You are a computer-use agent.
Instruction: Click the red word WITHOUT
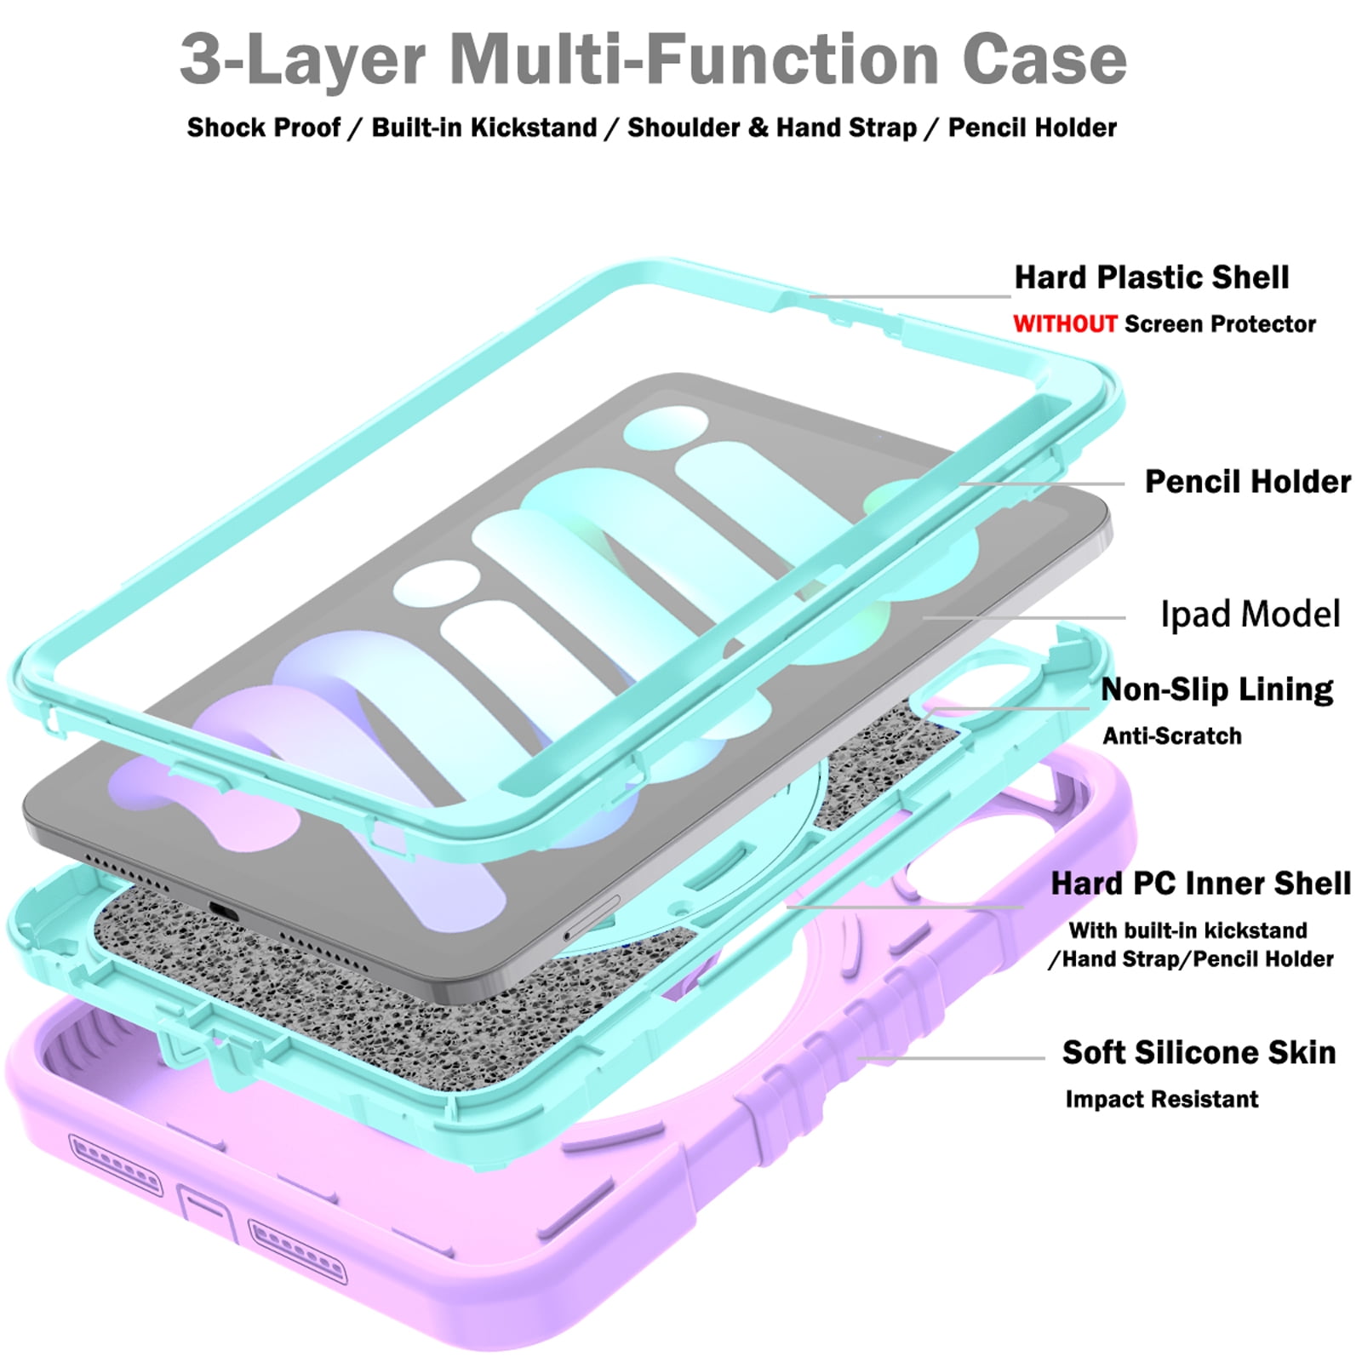[1065, 323]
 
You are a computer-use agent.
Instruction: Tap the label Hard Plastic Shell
[1152, 277]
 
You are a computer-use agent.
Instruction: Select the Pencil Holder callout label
[1248, 481]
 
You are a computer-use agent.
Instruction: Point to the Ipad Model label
[1250, 614]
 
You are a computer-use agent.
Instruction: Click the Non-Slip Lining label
[1217, 689]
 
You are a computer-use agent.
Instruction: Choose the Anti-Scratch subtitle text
[1172, 735]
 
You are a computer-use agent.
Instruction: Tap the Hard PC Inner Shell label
[1201, 884]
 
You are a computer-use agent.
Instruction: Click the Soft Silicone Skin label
[1199, 1052]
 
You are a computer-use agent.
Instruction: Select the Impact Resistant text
[1162, 1099]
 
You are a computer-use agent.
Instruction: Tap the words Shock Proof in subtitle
[264, 128]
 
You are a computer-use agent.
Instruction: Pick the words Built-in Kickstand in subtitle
[484, 128]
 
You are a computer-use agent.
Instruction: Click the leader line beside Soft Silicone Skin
[951, 1058]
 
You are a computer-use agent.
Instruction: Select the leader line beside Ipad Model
[1024, 618]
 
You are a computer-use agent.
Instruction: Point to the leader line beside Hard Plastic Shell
[910, 296]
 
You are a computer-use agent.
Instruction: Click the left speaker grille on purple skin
[115, 1164]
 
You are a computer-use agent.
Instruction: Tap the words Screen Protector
[1220, 323]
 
